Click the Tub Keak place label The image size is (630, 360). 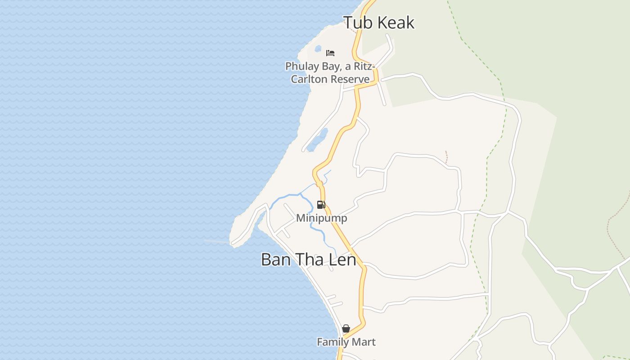point(378,22)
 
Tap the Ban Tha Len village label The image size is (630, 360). point(308,260)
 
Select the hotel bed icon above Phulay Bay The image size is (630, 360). point(330,53)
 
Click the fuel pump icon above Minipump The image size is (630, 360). point(321,205)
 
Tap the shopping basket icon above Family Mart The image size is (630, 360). point(346,329)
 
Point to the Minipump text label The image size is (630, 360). point(322,218)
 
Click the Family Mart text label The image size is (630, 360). point(346,342)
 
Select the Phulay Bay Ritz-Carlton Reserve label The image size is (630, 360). point(330,72)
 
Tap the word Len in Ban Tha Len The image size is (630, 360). point(342,260)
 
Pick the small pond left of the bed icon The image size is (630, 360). point(318,48)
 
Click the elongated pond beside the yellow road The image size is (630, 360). point(318,139)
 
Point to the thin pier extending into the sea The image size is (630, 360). point(217,242)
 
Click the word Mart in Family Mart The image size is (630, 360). point(365,342)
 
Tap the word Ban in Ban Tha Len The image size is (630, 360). point(275,260)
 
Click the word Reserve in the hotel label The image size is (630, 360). point(350,79)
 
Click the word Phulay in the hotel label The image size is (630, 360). point(300,66)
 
